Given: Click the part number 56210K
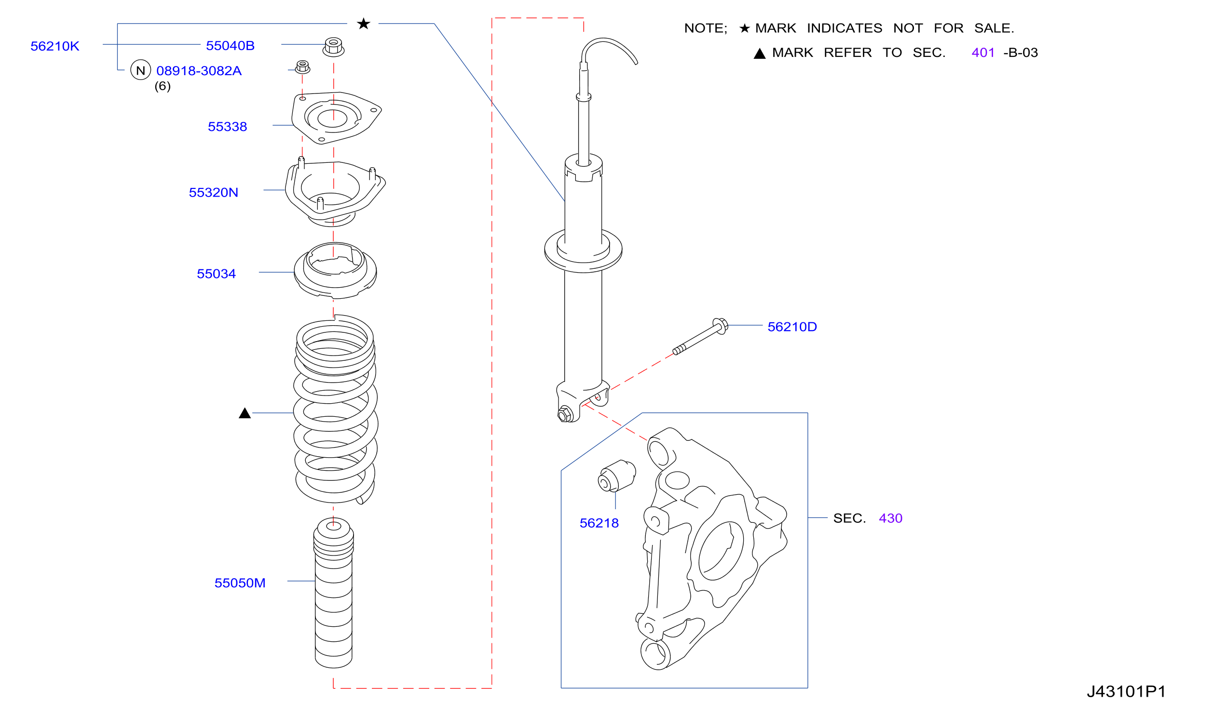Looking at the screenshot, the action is pyautogui.click(x=55, y=46).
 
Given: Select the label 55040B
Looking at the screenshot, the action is pyautogui.click(x=230, y=46).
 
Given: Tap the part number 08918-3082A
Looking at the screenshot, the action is pyautogui.click(x=199, y=71).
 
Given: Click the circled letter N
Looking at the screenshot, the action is pyautogui.click(x=140, y=70).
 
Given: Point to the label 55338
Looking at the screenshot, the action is pyautogui.click(x=227, y=127).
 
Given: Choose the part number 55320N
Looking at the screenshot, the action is pyautogui.click(x=213, y=193).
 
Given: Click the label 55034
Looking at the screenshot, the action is pyautogui.click(x=216, y=274).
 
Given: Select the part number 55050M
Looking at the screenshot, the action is pyautogui.click(x=240, y=583).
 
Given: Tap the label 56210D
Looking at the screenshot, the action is pyautogui.click(x=792, y=327).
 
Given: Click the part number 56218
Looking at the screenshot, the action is pyautogui.click(x=599, y=523).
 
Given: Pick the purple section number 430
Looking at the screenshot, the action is pyautogui.click(x=890, y=518).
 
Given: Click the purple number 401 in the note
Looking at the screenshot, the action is pyautogui.click(x=983, y=53).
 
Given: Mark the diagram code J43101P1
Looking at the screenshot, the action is pyautogui.click(x=1126, y=692).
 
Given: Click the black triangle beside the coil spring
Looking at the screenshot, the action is pyautogui.click(x=245, y=413).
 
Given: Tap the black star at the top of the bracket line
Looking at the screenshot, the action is pyautogui.click(x=364, y=23).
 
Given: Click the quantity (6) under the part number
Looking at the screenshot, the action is pyautogui.click(x=163, y=86).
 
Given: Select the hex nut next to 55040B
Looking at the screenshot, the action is pyautogui.click(x=333, y=47).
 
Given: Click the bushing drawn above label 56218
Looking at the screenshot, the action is pyautogui.click(x=617, y=476).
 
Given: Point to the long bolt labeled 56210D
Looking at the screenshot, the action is pyautogui.click(x=700, y=336).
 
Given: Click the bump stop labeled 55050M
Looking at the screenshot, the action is pyautogui.click(x=333, y=593).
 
